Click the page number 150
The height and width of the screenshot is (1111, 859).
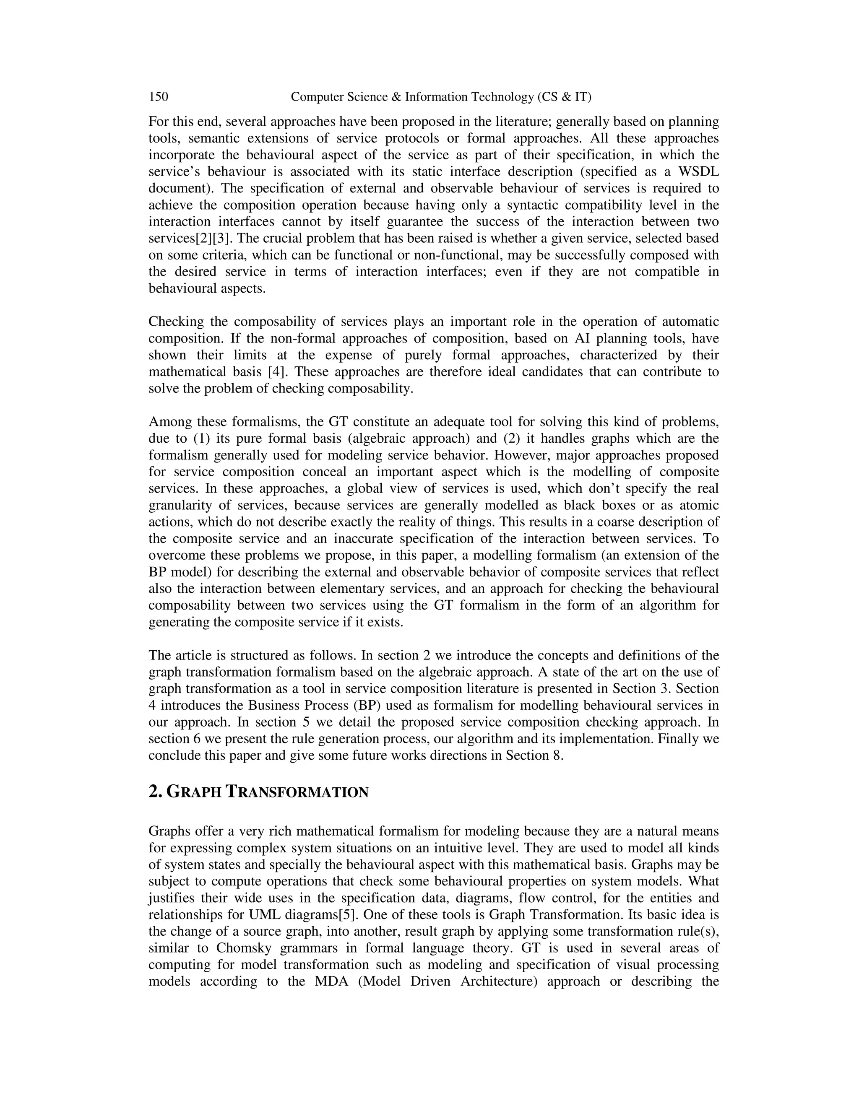point(158,97)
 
